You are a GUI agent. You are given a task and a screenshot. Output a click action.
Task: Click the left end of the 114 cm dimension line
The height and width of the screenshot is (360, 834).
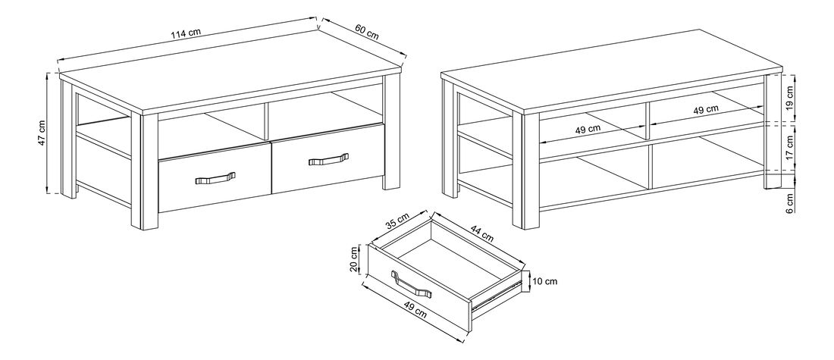coord(58,58)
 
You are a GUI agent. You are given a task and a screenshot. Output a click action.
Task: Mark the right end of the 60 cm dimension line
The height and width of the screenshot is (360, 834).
coord(406,55)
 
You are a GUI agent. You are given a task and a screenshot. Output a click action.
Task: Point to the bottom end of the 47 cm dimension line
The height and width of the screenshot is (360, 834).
coord(49,193)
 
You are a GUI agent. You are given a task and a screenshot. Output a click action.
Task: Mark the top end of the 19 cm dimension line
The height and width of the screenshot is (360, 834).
coord(793,74)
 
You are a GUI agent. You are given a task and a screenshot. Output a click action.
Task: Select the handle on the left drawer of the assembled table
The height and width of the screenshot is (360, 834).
coord(215,178)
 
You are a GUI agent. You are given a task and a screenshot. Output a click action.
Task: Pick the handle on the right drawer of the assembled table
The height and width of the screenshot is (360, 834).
coord(329,159)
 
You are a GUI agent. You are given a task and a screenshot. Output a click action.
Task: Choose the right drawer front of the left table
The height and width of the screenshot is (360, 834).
coord(328,159)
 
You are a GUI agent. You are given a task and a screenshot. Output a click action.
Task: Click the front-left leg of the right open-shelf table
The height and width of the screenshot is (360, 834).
coord(526,171)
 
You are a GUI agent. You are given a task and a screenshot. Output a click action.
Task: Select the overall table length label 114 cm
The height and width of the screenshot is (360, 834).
coord(187,33)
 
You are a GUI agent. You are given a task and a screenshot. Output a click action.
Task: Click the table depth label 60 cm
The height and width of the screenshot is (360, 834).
coord(366,32)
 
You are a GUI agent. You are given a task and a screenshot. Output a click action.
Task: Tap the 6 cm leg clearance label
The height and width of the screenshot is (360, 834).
coord(790,202)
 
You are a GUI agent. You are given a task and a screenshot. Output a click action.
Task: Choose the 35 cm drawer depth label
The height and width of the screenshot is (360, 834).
coord(397,221)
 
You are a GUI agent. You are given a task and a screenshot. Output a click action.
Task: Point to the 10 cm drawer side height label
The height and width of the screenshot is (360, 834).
coord(544,281)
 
